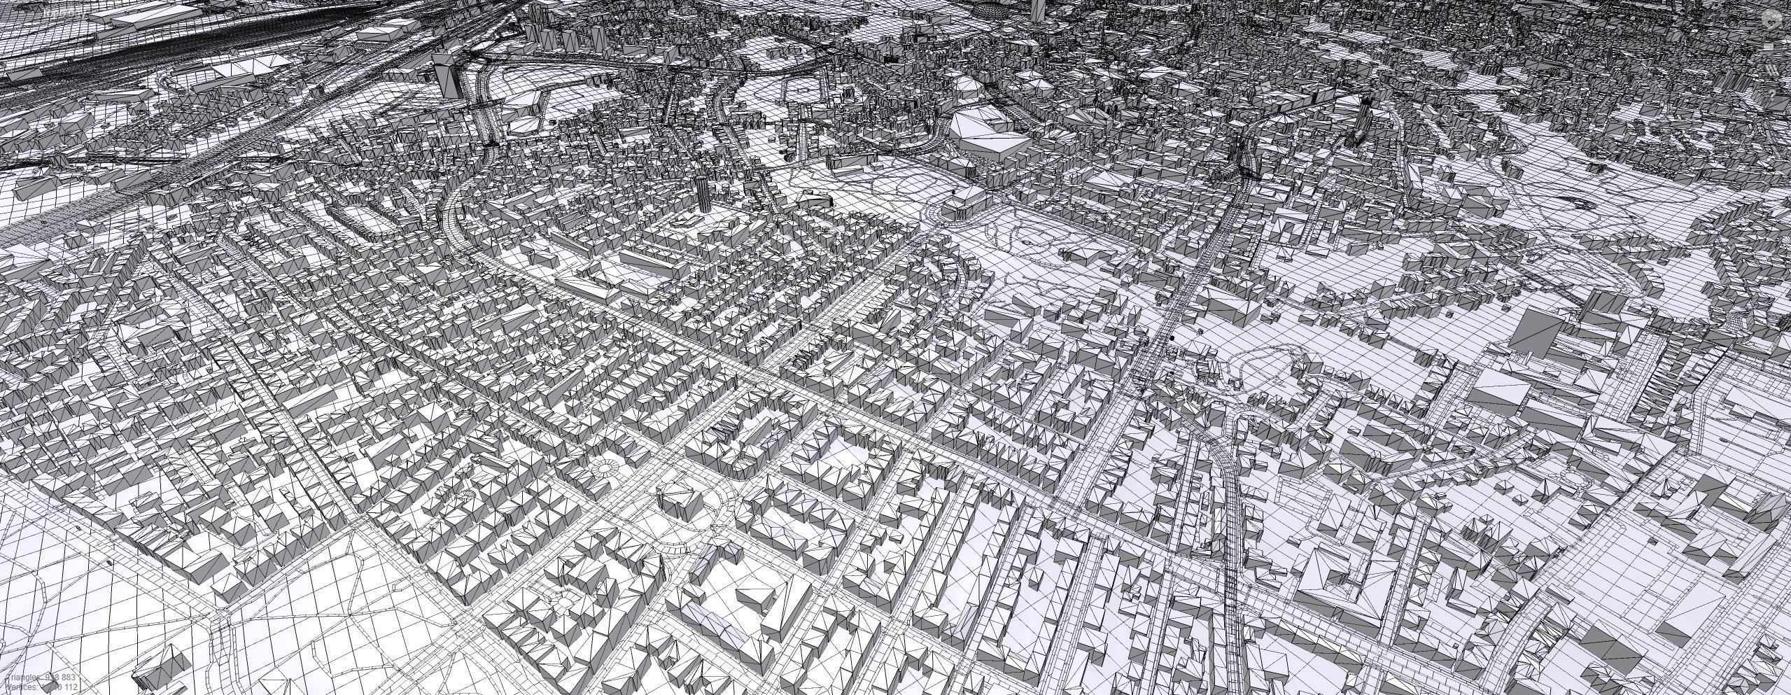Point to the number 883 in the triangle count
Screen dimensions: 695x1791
68,678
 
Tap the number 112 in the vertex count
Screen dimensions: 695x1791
69,689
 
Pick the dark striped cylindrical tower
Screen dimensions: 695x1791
702,192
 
